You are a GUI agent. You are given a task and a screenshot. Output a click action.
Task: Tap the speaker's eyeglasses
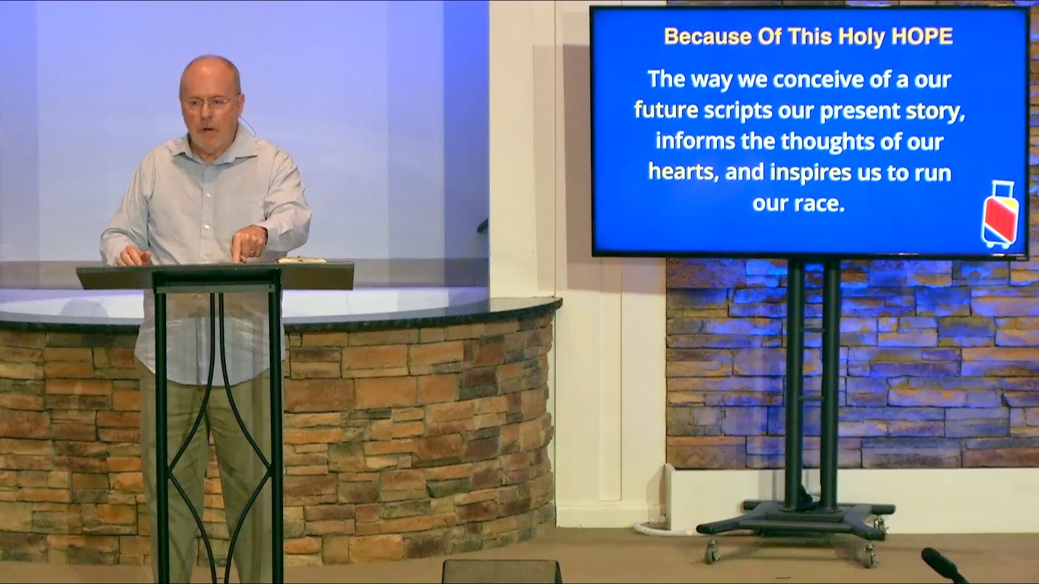(211, 102)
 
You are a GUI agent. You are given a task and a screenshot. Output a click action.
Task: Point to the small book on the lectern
(301, 260)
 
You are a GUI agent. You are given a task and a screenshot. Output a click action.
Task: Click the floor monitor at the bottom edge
(502, 572)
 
